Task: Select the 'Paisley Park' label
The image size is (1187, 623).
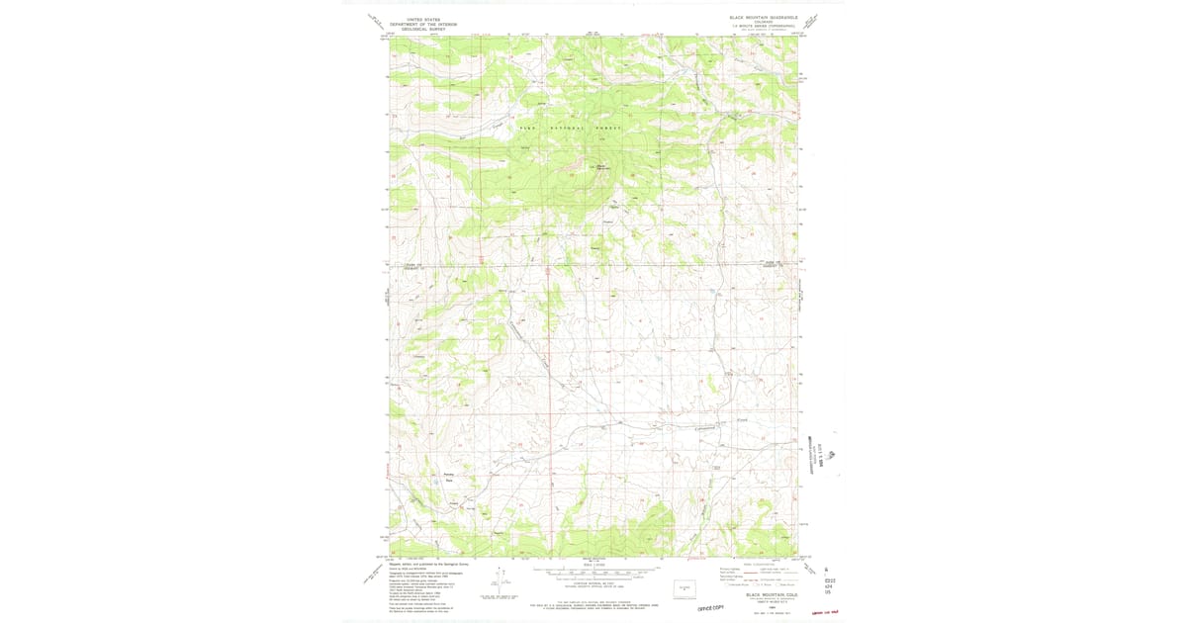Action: click(448, 478)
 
